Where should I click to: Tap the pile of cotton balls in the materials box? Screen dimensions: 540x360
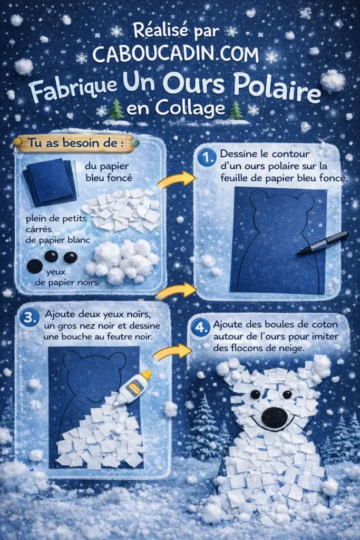tap(121, 261)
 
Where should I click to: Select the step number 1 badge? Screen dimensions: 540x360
tap(206, 157)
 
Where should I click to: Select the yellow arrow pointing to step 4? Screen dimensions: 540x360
tap(171, 352)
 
